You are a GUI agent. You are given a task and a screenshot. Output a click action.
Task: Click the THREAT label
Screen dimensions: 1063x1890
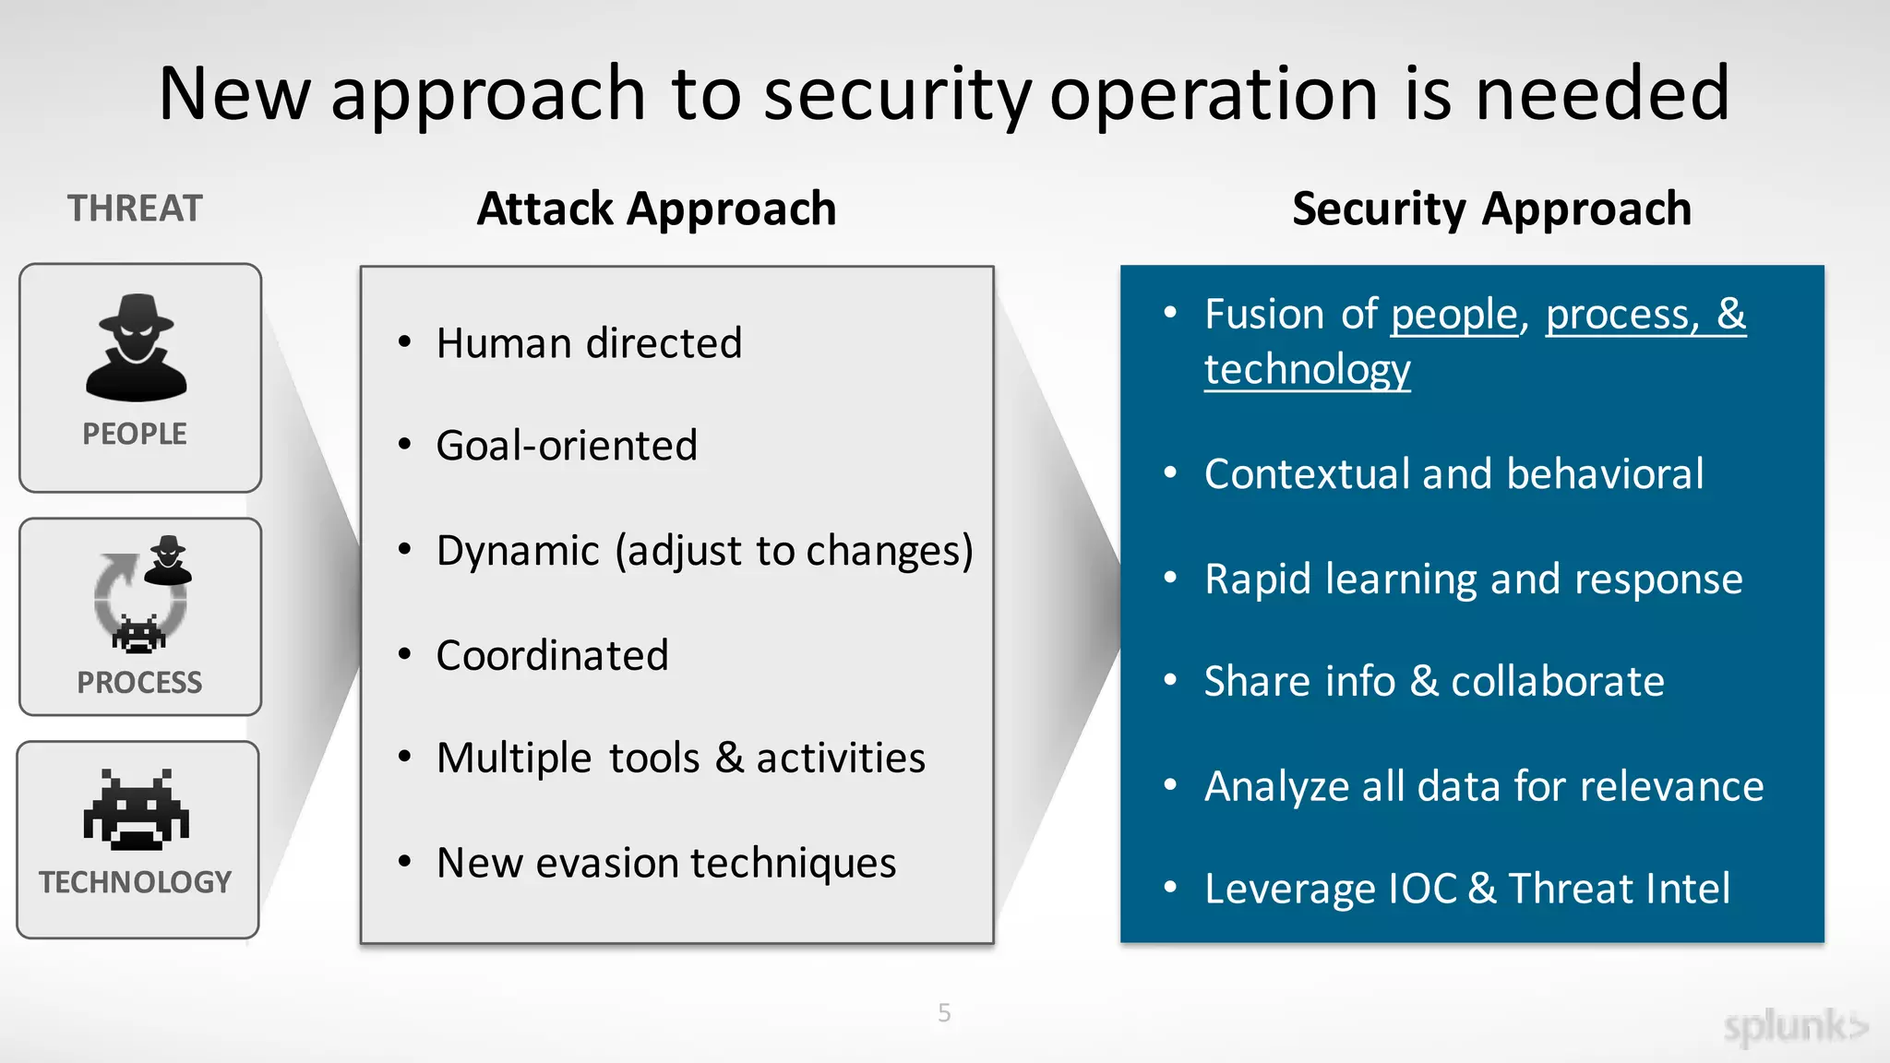135,209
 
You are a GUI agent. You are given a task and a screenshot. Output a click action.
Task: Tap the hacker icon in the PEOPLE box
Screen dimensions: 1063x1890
137,348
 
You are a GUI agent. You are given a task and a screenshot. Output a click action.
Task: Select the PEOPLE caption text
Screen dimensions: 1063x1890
135,434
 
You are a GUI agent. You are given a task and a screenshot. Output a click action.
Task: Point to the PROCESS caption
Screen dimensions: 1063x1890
139,683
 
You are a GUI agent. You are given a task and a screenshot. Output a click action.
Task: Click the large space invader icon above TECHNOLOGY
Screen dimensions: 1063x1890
137,809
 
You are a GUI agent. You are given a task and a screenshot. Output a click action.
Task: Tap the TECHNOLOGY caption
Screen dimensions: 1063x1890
136,882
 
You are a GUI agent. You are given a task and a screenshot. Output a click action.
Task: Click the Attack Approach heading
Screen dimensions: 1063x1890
656,209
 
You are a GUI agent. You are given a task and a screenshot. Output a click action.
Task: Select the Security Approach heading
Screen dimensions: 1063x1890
1491,209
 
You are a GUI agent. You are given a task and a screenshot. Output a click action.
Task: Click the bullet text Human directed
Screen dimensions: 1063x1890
589,343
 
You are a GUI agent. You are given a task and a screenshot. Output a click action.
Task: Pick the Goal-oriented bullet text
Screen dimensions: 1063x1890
567,446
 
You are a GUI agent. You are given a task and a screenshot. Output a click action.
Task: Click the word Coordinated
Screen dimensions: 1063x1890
552,656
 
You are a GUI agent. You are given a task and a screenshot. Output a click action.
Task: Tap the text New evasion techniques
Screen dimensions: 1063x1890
666,864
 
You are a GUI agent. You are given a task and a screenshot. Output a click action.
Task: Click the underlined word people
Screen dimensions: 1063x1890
1453,316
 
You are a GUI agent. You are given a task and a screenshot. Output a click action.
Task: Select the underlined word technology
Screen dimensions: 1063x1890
1307,370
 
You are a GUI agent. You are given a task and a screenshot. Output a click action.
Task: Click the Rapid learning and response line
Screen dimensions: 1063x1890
1473,579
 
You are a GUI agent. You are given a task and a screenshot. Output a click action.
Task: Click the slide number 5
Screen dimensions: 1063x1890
944,1013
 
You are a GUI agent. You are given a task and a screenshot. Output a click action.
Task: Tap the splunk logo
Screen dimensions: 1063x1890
1794,1027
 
